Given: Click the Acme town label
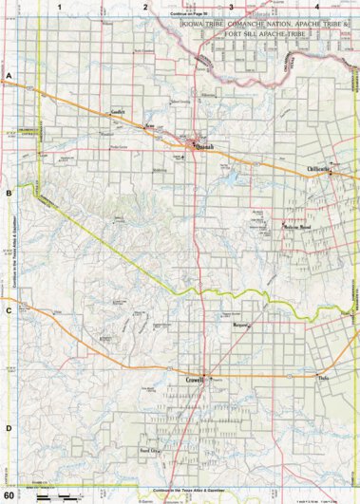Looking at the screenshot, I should (148, 124).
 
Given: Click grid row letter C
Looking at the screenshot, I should (9, 309).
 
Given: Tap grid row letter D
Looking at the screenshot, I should (9, 427).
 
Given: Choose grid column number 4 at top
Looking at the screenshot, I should (318, 6).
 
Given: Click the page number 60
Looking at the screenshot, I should (9, 495).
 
